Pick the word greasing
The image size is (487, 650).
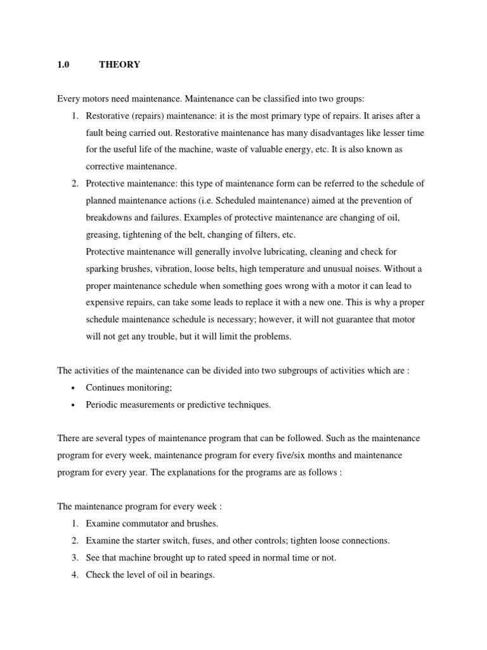103,234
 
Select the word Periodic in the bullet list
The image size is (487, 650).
101,405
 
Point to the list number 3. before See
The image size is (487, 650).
75,558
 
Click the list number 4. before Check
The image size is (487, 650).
75,575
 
